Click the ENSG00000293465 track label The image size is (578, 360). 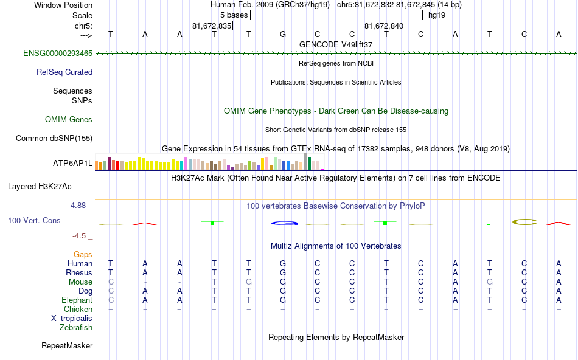pos(58,54)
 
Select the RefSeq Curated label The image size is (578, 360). pos(64,72)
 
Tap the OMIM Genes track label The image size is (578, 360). pos(69,119)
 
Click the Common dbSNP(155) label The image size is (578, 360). pos(54,138)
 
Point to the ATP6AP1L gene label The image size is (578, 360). pos(72,163)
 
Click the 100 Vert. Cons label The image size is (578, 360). pos(35,220)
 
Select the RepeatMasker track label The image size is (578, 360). pos(67,345)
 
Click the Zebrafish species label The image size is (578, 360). pos(76,327)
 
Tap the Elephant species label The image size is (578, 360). pos(77,300)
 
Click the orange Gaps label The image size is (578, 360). pos(83,254)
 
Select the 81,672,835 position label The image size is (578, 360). pos(212,26)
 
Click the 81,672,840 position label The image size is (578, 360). pos(384,26)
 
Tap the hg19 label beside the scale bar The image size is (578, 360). pos(437,15)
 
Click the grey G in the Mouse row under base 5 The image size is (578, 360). pos(248,282)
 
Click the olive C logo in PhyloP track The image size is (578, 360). pos(524,222)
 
